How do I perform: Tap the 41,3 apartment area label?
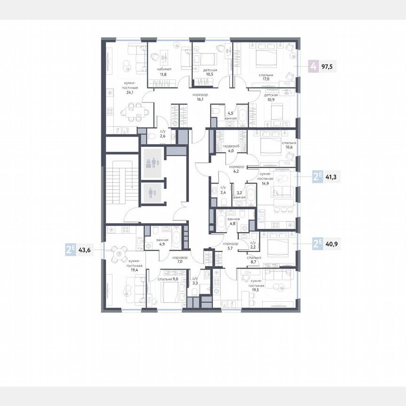331,178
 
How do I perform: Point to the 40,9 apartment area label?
331,243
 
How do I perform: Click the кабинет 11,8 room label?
164,71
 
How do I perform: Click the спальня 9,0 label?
168,279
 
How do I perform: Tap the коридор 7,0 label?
180,260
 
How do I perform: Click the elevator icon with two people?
153,163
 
